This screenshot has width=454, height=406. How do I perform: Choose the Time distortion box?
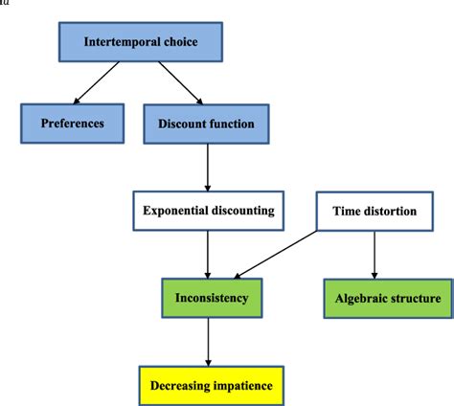tap(374, 211)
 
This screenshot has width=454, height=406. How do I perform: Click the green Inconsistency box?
tap(207, 298)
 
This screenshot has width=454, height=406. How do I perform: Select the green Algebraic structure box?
tap(387, 299)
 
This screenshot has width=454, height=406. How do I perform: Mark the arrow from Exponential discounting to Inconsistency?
tap(208, 254)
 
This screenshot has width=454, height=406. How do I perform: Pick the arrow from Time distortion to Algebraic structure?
tap(374, 254)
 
